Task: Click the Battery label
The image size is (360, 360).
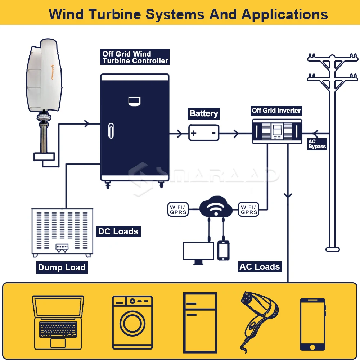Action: click(203, 114)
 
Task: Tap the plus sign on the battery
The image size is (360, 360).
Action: click(194, 133)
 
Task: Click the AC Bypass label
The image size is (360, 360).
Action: click(317, 144)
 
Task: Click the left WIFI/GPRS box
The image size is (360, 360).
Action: click(178, 210)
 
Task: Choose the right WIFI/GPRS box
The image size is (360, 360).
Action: click(249, 210)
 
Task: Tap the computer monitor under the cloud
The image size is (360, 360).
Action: click(198, 251)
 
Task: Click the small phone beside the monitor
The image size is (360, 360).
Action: click(223, 250)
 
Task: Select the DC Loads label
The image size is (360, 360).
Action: click(118, 231)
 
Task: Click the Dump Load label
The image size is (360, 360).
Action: click(62, 267)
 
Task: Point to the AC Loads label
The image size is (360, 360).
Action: click(260, 267)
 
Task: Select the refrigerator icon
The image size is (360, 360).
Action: click(200, 323)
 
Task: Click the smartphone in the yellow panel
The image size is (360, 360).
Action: click(312, 324)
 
